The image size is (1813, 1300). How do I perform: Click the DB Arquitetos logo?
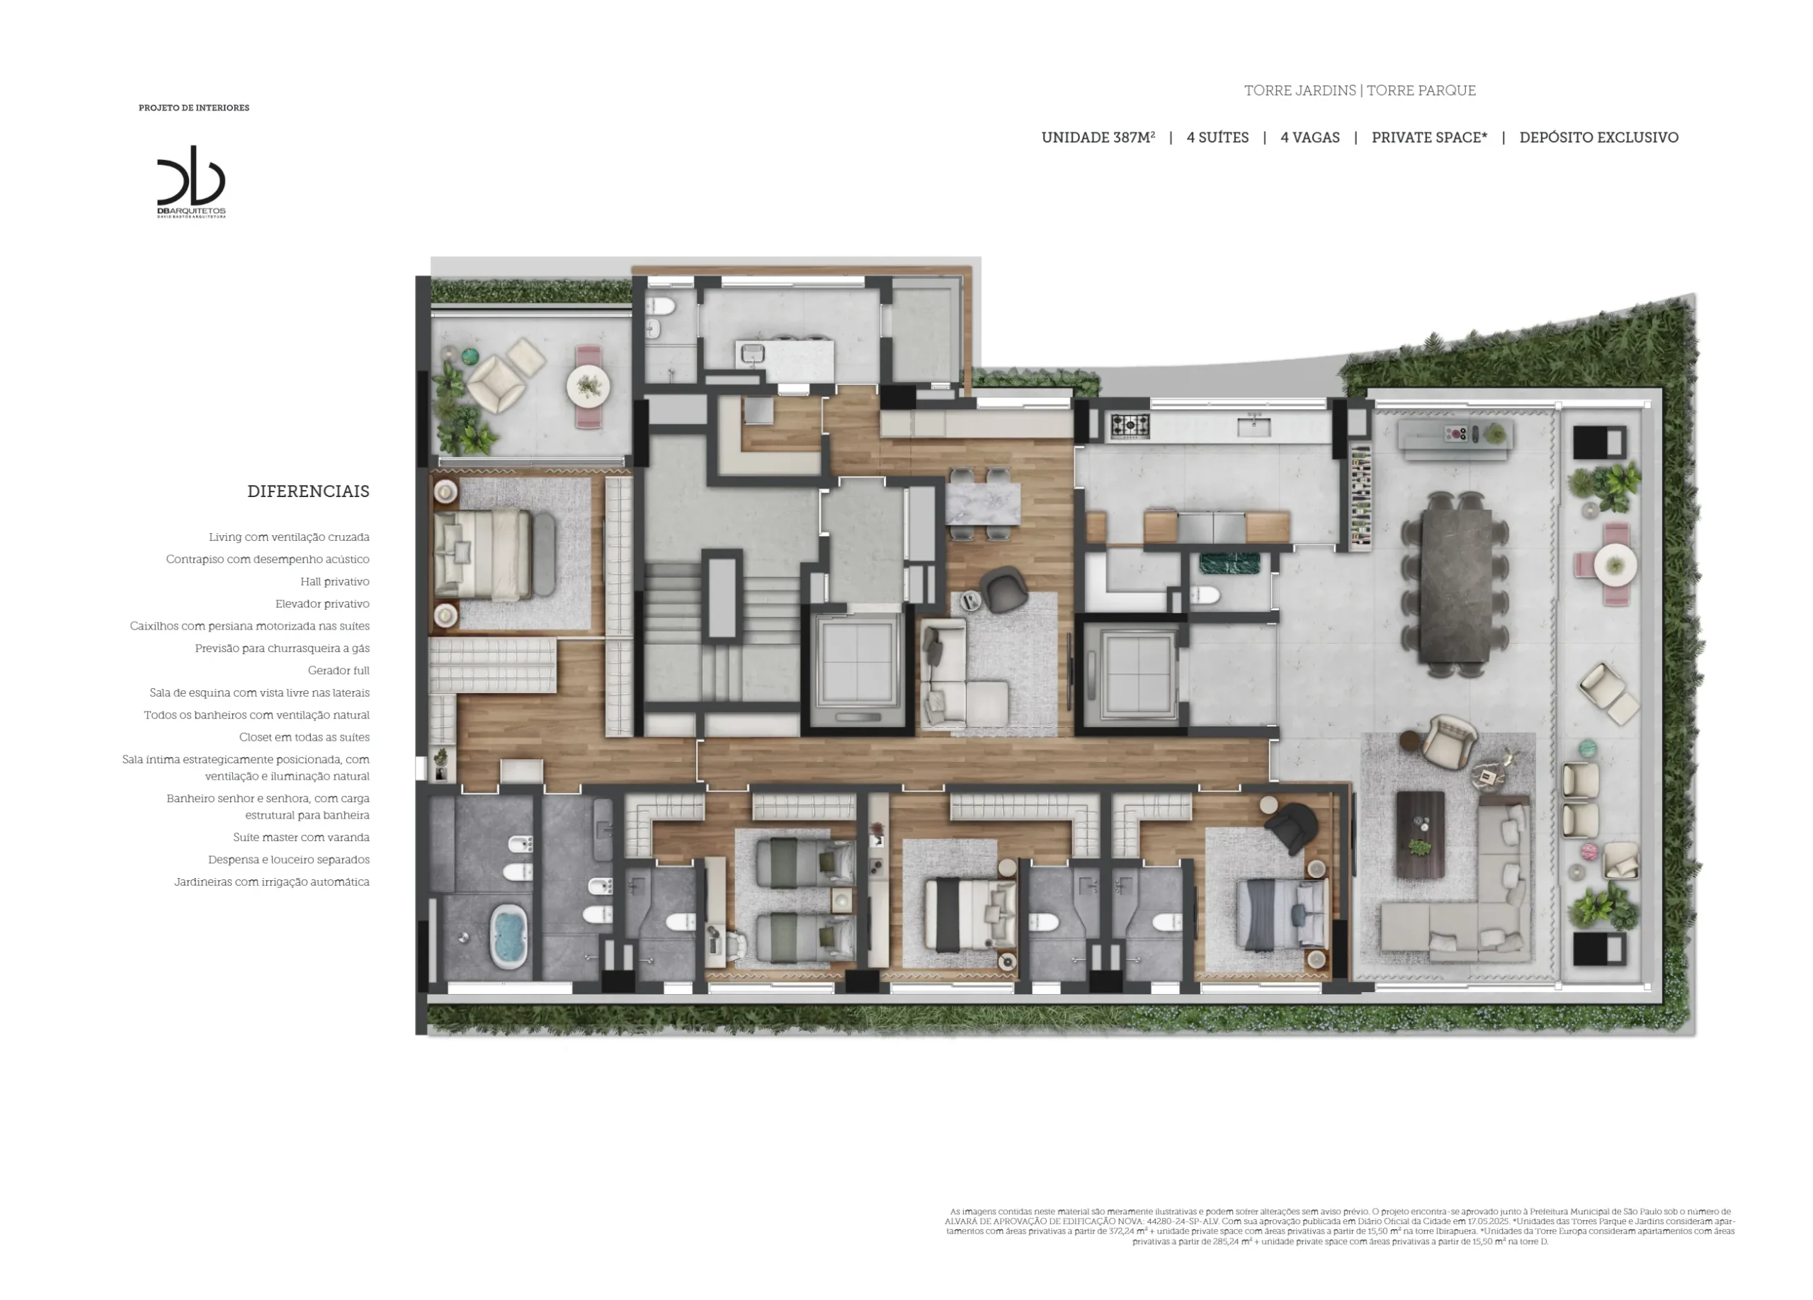coord(191,181)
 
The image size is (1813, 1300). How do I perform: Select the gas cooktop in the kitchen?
coord(1130,426)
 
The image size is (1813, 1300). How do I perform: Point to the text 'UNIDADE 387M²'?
coord(1098,137)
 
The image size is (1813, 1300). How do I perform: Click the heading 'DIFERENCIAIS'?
coord(309,491)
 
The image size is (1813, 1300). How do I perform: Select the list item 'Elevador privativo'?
coord(322,604)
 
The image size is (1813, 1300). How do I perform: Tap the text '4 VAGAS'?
coord(1310,137)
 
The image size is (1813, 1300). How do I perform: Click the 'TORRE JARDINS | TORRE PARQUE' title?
coord(1360,91)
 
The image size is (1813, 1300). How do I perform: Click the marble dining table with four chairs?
coord(983,503)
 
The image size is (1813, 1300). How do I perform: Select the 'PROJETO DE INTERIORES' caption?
coord(194,108)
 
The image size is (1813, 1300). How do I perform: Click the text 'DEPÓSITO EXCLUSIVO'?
coord(1598,137)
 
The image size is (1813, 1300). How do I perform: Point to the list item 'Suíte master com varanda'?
coord(302,838)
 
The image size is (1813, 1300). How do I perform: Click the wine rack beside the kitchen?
coord(1360,498)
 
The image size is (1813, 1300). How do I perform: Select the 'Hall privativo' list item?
coord(335,582)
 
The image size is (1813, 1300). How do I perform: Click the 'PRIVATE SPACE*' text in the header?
coord(1429,137)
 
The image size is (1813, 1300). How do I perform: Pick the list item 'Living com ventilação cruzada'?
coord(290,537)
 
